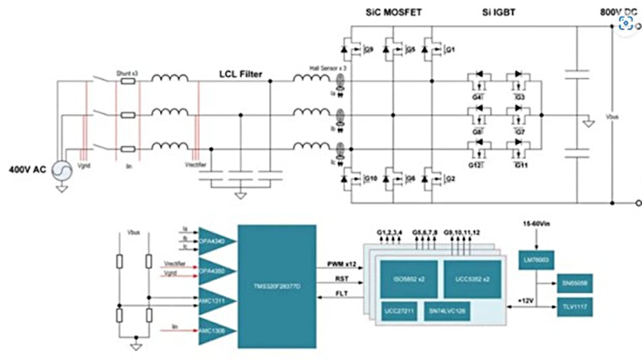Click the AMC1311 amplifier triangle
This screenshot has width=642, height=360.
[215, 299]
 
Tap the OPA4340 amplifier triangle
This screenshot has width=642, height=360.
[215, 240]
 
